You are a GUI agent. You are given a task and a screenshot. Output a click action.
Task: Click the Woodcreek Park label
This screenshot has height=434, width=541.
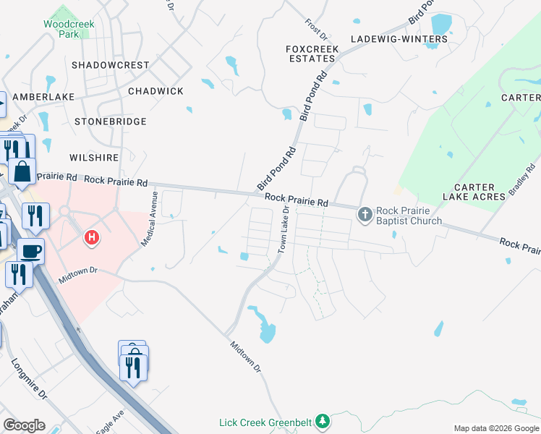pos(69,29)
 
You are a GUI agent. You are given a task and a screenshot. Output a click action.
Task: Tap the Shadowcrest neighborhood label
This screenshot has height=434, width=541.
pos(111,65)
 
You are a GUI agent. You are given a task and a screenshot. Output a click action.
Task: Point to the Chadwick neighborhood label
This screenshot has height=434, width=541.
pos(156,91)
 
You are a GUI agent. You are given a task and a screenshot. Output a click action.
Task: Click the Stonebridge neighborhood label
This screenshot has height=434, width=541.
pos(111,122)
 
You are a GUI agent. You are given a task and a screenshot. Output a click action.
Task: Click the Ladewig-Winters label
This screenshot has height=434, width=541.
pos(396,38)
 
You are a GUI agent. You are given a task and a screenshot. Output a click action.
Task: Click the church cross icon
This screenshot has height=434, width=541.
pos(365,214)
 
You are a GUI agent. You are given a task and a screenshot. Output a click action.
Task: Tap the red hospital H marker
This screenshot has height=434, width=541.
pos(92,237)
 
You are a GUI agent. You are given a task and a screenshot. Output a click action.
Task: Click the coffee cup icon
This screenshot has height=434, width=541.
pos(31,251)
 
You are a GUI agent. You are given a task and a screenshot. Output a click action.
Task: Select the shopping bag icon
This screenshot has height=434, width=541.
pos(22,172)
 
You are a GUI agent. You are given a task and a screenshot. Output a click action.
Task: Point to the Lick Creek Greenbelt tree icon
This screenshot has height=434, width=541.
pos(323,421)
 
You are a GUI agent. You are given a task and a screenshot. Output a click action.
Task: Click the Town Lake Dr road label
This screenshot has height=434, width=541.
pos(283,229)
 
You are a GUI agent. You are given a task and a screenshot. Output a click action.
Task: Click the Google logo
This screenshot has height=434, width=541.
pos(25,425)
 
